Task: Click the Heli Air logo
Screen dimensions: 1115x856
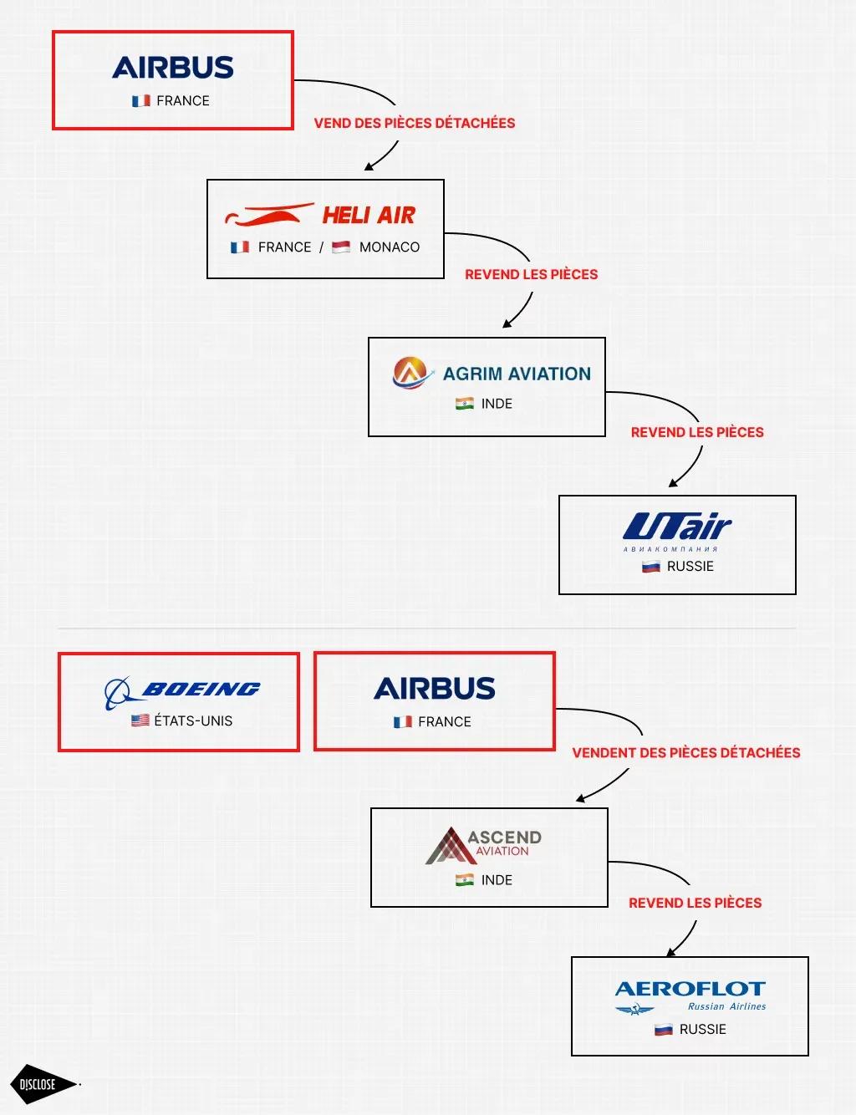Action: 321,215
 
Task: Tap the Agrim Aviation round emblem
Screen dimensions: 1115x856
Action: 410,373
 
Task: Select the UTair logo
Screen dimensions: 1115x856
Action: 677,528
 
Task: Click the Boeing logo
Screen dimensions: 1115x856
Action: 182,691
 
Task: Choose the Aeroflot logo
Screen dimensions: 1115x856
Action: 690,995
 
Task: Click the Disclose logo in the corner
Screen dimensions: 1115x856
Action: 39,1084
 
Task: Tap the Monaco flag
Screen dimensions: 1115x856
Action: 341,247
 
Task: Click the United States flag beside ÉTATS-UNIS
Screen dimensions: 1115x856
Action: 140,720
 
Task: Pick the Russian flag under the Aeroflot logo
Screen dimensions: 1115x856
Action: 664,1030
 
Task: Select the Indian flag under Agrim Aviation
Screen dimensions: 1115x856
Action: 465,404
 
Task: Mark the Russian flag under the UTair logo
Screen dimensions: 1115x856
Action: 651,567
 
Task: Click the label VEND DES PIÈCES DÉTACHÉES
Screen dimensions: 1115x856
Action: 415,123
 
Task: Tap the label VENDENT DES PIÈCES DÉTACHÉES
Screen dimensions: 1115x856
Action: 685,752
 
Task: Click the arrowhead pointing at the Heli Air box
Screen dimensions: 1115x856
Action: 369,167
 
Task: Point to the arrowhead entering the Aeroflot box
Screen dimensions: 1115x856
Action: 671,953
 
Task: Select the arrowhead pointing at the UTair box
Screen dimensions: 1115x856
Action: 673,483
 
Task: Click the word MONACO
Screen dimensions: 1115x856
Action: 390,247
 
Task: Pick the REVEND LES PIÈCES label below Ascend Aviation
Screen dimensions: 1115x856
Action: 695,903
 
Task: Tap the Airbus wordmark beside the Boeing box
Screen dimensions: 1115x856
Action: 435,689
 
